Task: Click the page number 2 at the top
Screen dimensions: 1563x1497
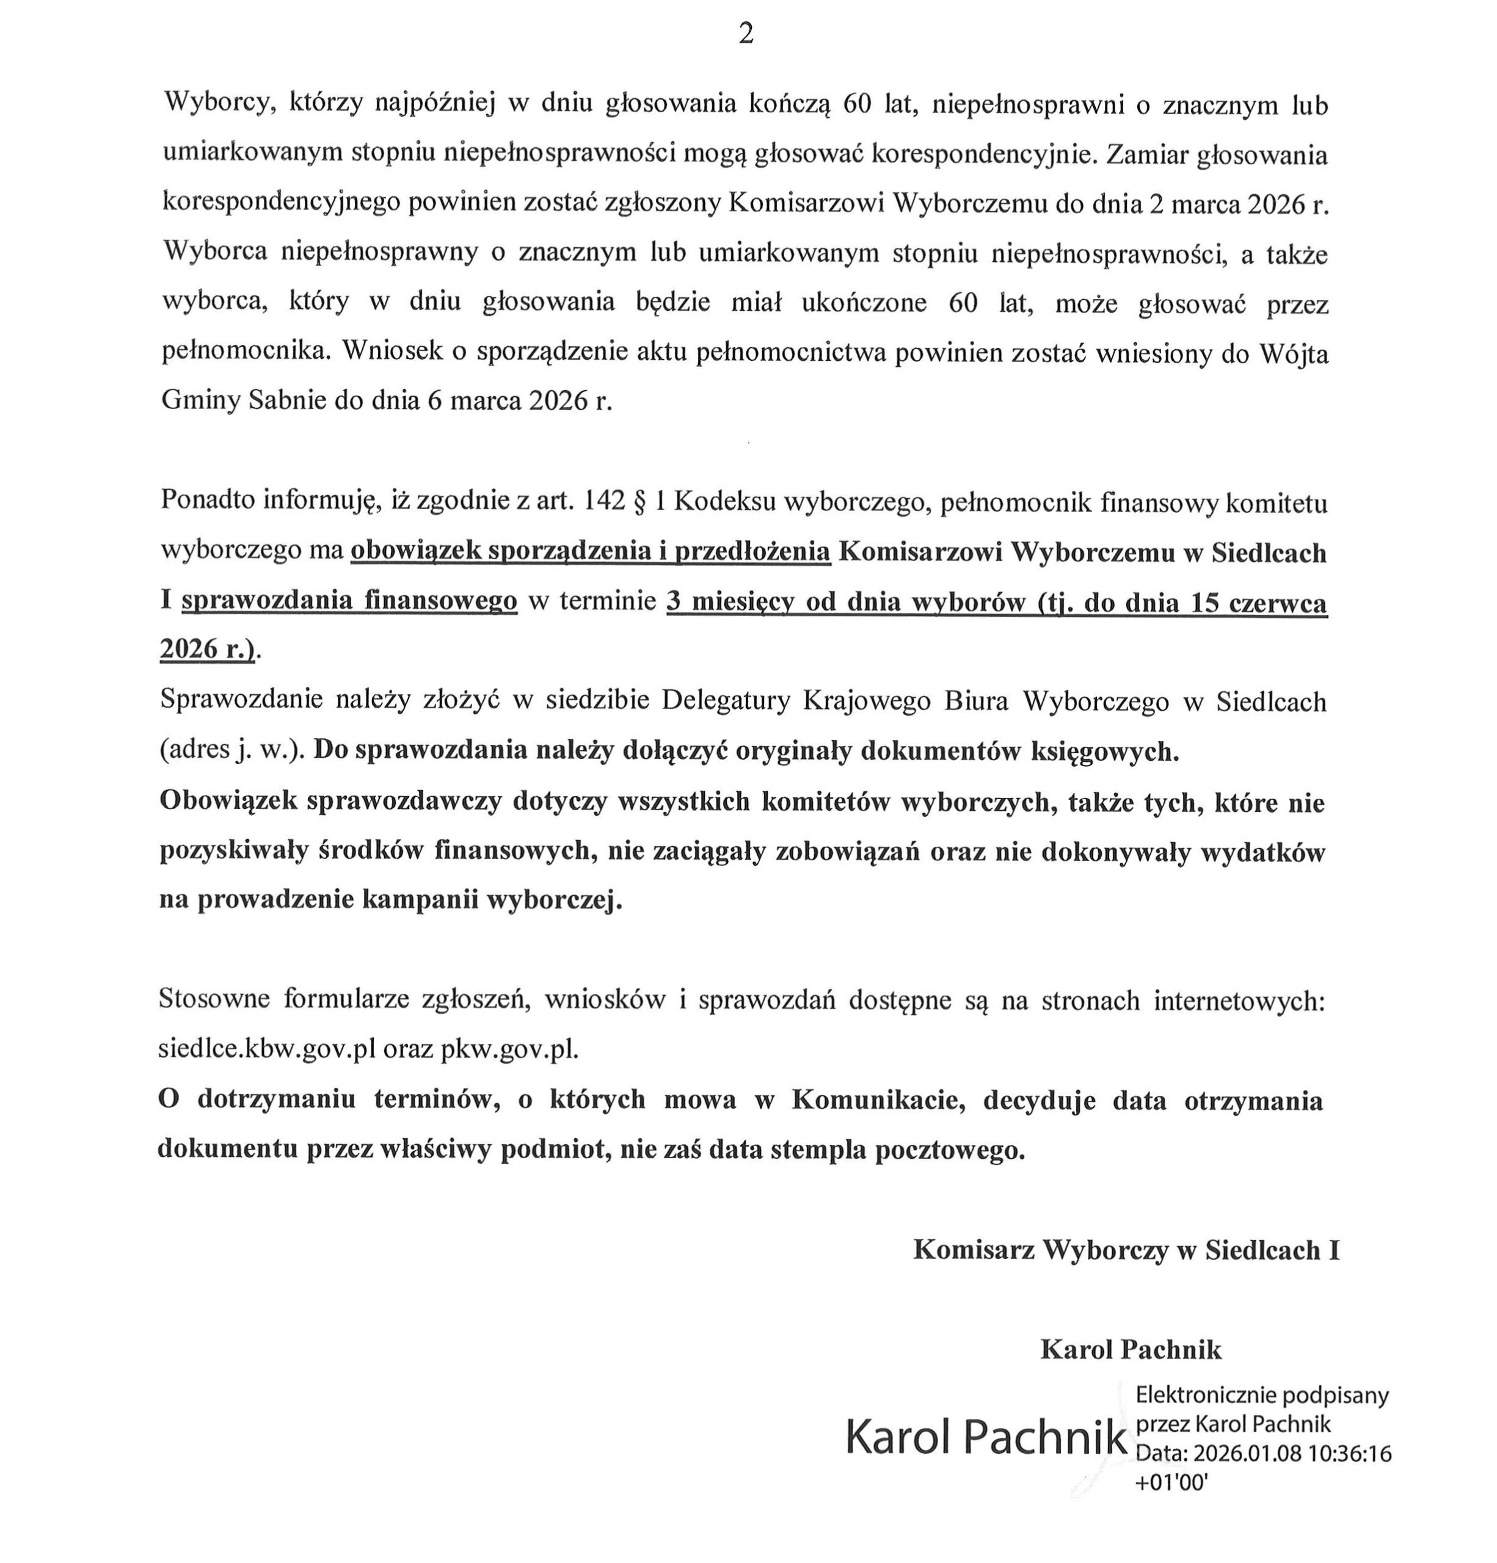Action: click(746, 34)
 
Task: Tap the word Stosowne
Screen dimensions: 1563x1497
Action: click(213, 999)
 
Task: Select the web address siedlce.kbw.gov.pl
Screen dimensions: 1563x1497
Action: click(266, 1050)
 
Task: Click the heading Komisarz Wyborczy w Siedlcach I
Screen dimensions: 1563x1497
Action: click(1125, 1250)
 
